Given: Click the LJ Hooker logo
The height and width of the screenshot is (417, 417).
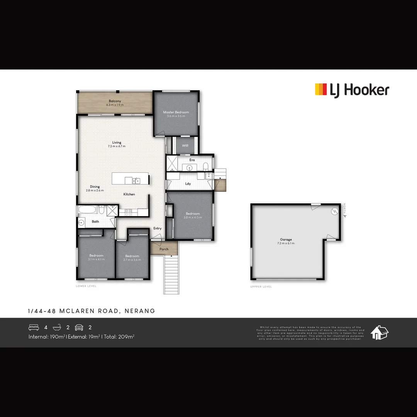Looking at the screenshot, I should click(x=352, y=90).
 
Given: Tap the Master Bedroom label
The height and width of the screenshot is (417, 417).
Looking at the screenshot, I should click(x=176, y=112).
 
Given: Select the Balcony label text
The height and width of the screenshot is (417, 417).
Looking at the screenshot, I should click(x=115, y=101).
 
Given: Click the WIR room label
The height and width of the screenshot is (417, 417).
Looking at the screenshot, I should click(x=185, y=146).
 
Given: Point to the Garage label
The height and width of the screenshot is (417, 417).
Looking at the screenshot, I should click(x=286, y=239).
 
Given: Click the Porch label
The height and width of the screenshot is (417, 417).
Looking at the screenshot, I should click(x=164, y=249).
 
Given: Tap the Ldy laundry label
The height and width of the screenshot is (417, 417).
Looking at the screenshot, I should click(x=188, y=184).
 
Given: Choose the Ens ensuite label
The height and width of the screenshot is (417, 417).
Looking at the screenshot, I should click(x=192, y=160).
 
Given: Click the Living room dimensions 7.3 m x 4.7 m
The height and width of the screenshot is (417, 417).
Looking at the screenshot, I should click(x=117, y=146).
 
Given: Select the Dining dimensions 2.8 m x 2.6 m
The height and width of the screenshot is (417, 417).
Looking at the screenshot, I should click(x=95, y=190).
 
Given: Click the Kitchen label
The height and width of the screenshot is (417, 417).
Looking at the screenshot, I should click(x=129, y=194).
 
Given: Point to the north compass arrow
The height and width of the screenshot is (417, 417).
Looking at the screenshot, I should click(x=345, y=212).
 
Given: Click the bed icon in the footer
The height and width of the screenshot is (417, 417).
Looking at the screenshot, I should click(x=34, y=327).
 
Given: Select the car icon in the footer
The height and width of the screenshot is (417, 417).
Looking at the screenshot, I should click(x=79, y=327).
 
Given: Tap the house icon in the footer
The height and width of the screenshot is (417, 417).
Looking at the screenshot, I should click(x=380, y=332).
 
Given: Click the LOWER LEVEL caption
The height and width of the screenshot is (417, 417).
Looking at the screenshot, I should click(x=86, y=286).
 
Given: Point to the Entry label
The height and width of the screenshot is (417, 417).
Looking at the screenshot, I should click(x=158, y=229).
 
